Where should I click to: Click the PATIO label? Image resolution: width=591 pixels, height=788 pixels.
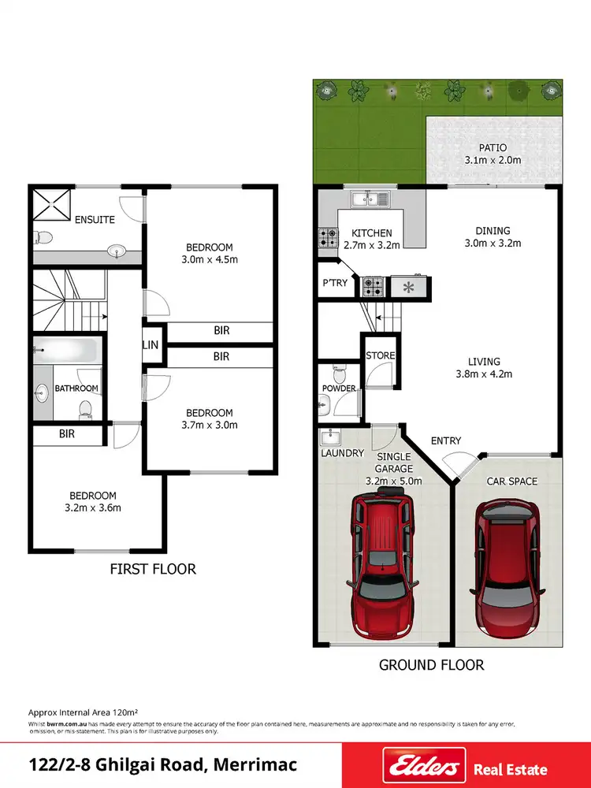[x=492, y=147]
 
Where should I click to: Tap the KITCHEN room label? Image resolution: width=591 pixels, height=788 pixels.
[x=372, y=233]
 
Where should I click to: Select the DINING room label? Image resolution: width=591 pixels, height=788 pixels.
[x=492, y=231]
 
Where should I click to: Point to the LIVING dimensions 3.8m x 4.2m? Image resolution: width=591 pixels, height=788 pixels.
[x=485, y=374]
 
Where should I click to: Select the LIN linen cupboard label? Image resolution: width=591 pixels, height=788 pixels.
[x=150, y=345]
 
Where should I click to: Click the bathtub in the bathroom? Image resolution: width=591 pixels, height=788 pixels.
[x=66, y=351]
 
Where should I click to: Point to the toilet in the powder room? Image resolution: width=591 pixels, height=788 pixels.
[x=340, y=370]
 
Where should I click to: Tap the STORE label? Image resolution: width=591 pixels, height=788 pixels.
[x=380, y=356]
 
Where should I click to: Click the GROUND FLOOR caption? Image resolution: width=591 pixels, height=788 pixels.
[x=431, y=665]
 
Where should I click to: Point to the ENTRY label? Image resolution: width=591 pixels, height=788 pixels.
[x=446, y=441]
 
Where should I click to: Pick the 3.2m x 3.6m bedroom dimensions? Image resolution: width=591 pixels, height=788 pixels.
[x=93, y=508]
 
